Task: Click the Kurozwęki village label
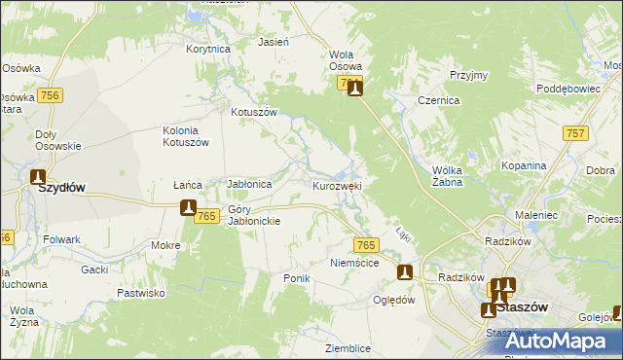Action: point(338,185)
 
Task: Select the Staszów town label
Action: point(522,306)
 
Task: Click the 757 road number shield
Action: point(575,132)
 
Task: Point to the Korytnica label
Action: point(208,48)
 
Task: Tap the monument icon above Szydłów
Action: point(38,177)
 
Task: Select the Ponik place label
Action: point(296,278)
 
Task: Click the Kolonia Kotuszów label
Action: point(186,136)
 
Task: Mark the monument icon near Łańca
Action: point(189,207)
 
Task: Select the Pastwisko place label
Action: point(141,292)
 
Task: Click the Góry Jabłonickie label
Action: point(254,215)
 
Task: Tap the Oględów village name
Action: point(394,300)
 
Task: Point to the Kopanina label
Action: point(524,165)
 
